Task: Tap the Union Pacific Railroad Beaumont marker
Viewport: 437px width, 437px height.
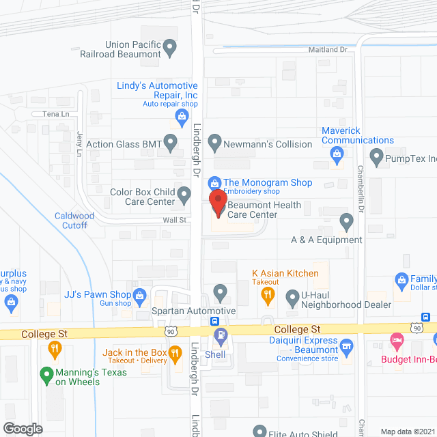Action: (x=171, y=48)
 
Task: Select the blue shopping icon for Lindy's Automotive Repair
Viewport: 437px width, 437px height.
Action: (x=182, y=117)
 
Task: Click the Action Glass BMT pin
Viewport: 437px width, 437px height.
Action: (x=171, y=143)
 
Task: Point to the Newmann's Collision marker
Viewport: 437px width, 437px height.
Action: (x=215, y=143)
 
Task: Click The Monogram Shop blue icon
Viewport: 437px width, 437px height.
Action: (x=214, y=183)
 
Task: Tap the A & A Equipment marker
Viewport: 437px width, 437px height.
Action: (x=346, y=221)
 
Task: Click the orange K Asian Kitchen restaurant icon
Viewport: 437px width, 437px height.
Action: (x=268, y=295)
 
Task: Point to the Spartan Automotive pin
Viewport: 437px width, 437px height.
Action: (x=221, y=294)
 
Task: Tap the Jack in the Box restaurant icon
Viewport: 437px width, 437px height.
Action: (x=175, y=353)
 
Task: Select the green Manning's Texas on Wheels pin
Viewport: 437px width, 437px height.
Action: (x=46, y=374)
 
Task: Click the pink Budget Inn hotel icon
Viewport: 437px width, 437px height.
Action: (x=396, y=340)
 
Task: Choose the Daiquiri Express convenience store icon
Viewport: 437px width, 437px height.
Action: (x=346, y=346)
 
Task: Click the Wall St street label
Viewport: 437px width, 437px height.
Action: (x=174, y=221)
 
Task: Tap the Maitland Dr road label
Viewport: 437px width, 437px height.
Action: (x=328, y=50)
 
